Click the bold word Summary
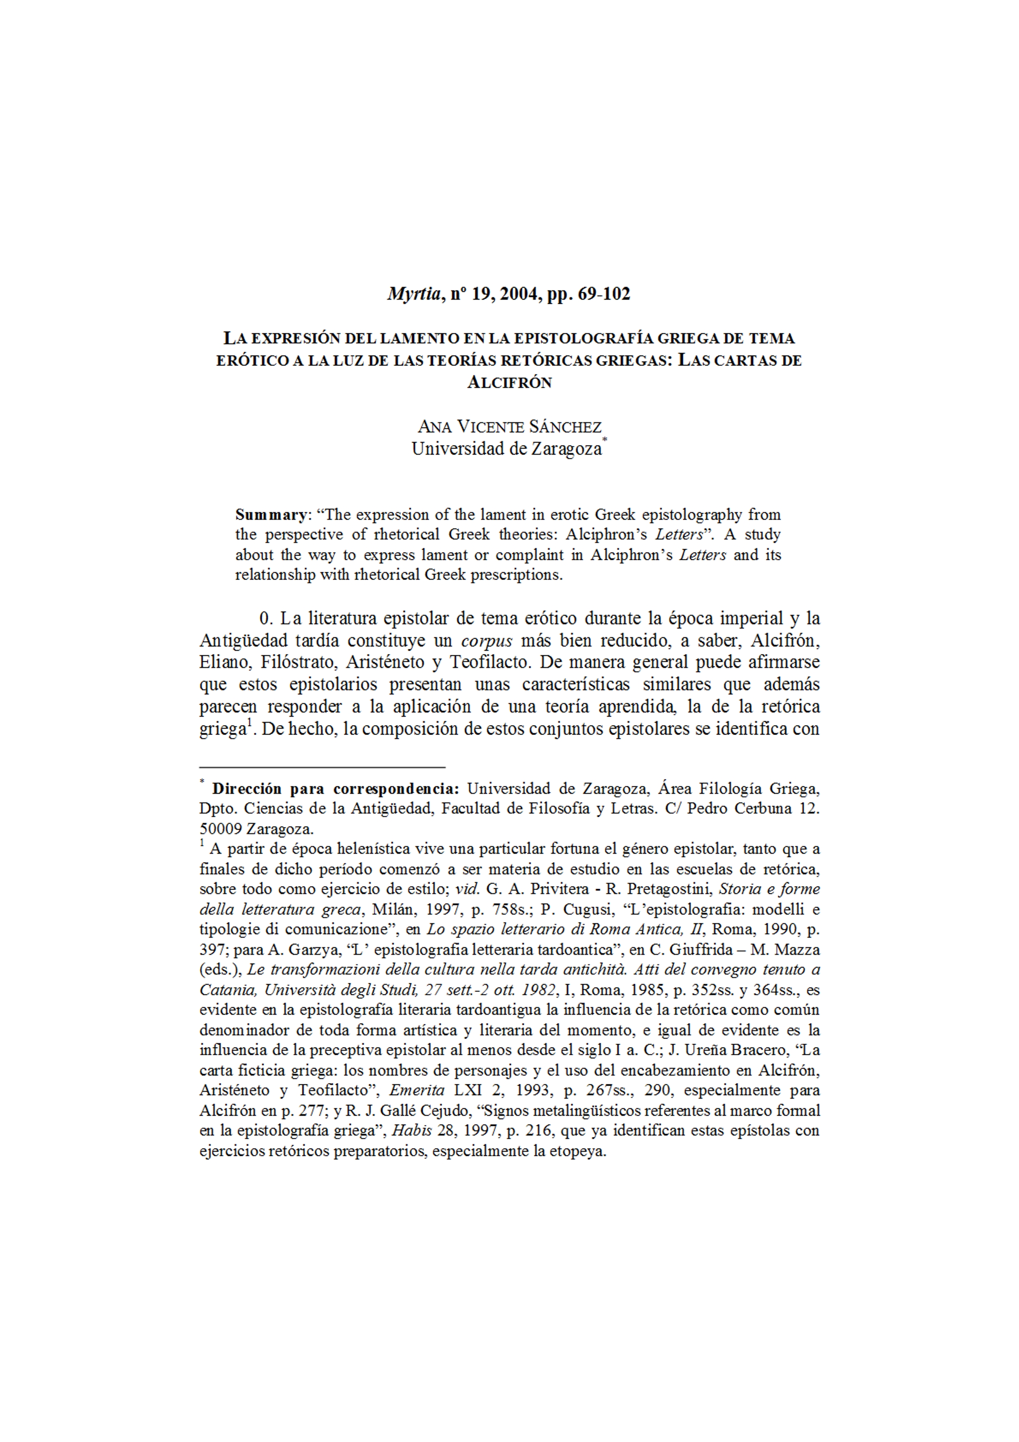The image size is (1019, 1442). coord(270,515)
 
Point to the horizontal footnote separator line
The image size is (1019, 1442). coord(322,767)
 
